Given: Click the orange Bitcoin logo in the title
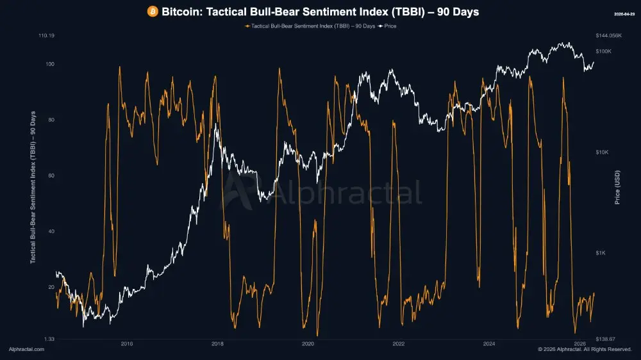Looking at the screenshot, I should coord(153,12).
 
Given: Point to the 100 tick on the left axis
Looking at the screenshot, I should coord(49,64).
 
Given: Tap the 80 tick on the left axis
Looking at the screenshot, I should coord(51,120).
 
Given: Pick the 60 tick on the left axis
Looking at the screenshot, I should coord(51,176).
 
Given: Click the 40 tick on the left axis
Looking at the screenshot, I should coord(51,231).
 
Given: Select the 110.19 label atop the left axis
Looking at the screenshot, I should coord(47,36).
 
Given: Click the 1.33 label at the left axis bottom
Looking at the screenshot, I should coord(49,339).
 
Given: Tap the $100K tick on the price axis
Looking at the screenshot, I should coord(604,51).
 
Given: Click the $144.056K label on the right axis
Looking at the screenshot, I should coord(609,36).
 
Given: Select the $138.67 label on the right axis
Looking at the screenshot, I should coord(606,339).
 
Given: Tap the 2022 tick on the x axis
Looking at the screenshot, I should coord(399,344).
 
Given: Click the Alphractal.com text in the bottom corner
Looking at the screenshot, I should coord(26,350).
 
